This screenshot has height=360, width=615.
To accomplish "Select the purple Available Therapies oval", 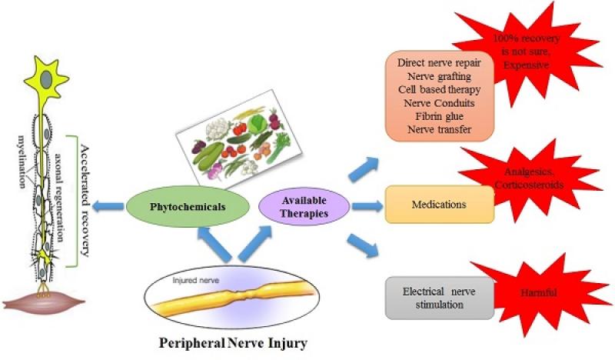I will coord(295,205).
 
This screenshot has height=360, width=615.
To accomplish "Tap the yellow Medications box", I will coord(439,205).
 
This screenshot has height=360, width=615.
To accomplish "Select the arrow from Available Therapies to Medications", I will coord(363,205).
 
